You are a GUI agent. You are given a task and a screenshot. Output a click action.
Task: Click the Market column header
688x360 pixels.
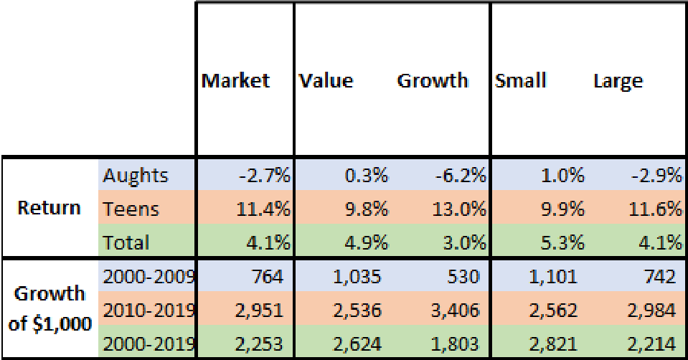click(x=235, y=80)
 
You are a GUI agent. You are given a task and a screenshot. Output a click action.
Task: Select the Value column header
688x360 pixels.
click(x=326, y=80)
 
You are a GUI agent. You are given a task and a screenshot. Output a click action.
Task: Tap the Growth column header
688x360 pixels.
click(x=433, y=80)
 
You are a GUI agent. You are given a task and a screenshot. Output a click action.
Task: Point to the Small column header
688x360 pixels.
click(x=520, y=80)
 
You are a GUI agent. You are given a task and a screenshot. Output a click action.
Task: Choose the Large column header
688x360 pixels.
click(x=618, y=80)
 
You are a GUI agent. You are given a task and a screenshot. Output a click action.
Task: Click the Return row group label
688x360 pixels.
click(x=50, y=208)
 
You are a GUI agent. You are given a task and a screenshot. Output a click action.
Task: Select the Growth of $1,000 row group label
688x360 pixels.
click(x=50, y=308)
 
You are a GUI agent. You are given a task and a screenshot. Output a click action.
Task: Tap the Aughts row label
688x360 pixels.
click(x=136, y=175)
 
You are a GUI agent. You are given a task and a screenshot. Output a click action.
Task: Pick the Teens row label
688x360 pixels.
click(x=131, y=209)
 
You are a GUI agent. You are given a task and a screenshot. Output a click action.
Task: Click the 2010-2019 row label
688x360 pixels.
click(x=149, y=310)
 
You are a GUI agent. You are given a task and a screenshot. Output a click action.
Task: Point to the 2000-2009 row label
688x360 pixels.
click(x=149, y=277)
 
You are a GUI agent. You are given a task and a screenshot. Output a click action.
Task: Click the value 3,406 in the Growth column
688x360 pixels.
click(x=459, y=310)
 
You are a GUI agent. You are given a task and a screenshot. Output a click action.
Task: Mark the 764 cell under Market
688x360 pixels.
click(x=270, y=277)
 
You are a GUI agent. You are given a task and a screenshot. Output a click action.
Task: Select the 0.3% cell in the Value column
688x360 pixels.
click(x=368, y=175)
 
